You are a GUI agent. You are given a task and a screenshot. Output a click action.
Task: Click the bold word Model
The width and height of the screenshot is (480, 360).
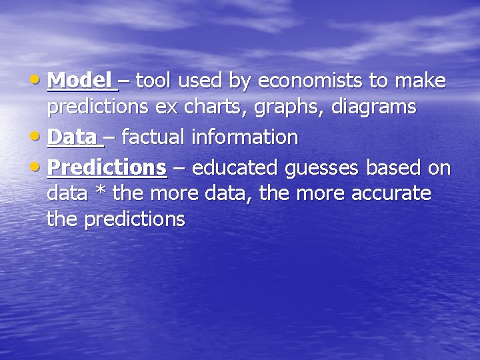79,81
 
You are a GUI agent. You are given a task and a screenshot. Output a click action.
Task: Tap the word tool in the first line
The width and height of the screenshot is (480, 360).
155,81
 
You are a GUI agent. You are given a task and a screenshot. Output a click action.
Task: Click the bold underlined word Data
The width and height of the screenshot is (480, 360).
73,137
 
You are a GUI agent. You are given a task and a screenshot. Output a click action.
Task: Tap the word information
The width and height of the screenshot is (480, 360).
245,137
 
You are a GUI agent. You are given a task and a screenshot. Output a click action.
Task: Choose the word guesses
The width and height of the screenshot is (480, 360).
323,168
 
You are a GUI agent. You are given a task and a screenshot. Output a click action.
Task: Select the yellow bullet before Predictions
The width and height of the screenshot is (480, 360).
39,167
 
